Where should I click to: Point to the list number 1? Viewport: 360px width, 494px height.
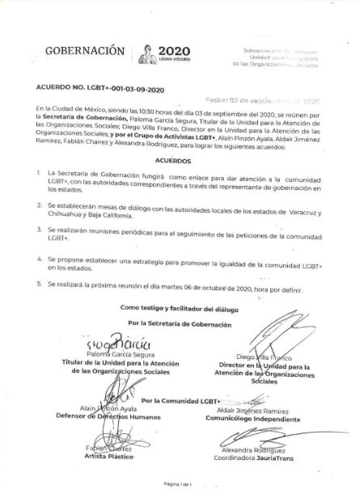[39, 173]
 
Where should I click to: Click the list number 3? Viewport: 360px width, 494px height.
[39, 230]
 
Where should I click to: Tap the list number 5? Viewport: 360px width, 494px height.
[39, 285]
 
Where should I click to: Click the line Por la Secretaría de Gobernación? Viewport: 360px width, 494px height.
[180, 321]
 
